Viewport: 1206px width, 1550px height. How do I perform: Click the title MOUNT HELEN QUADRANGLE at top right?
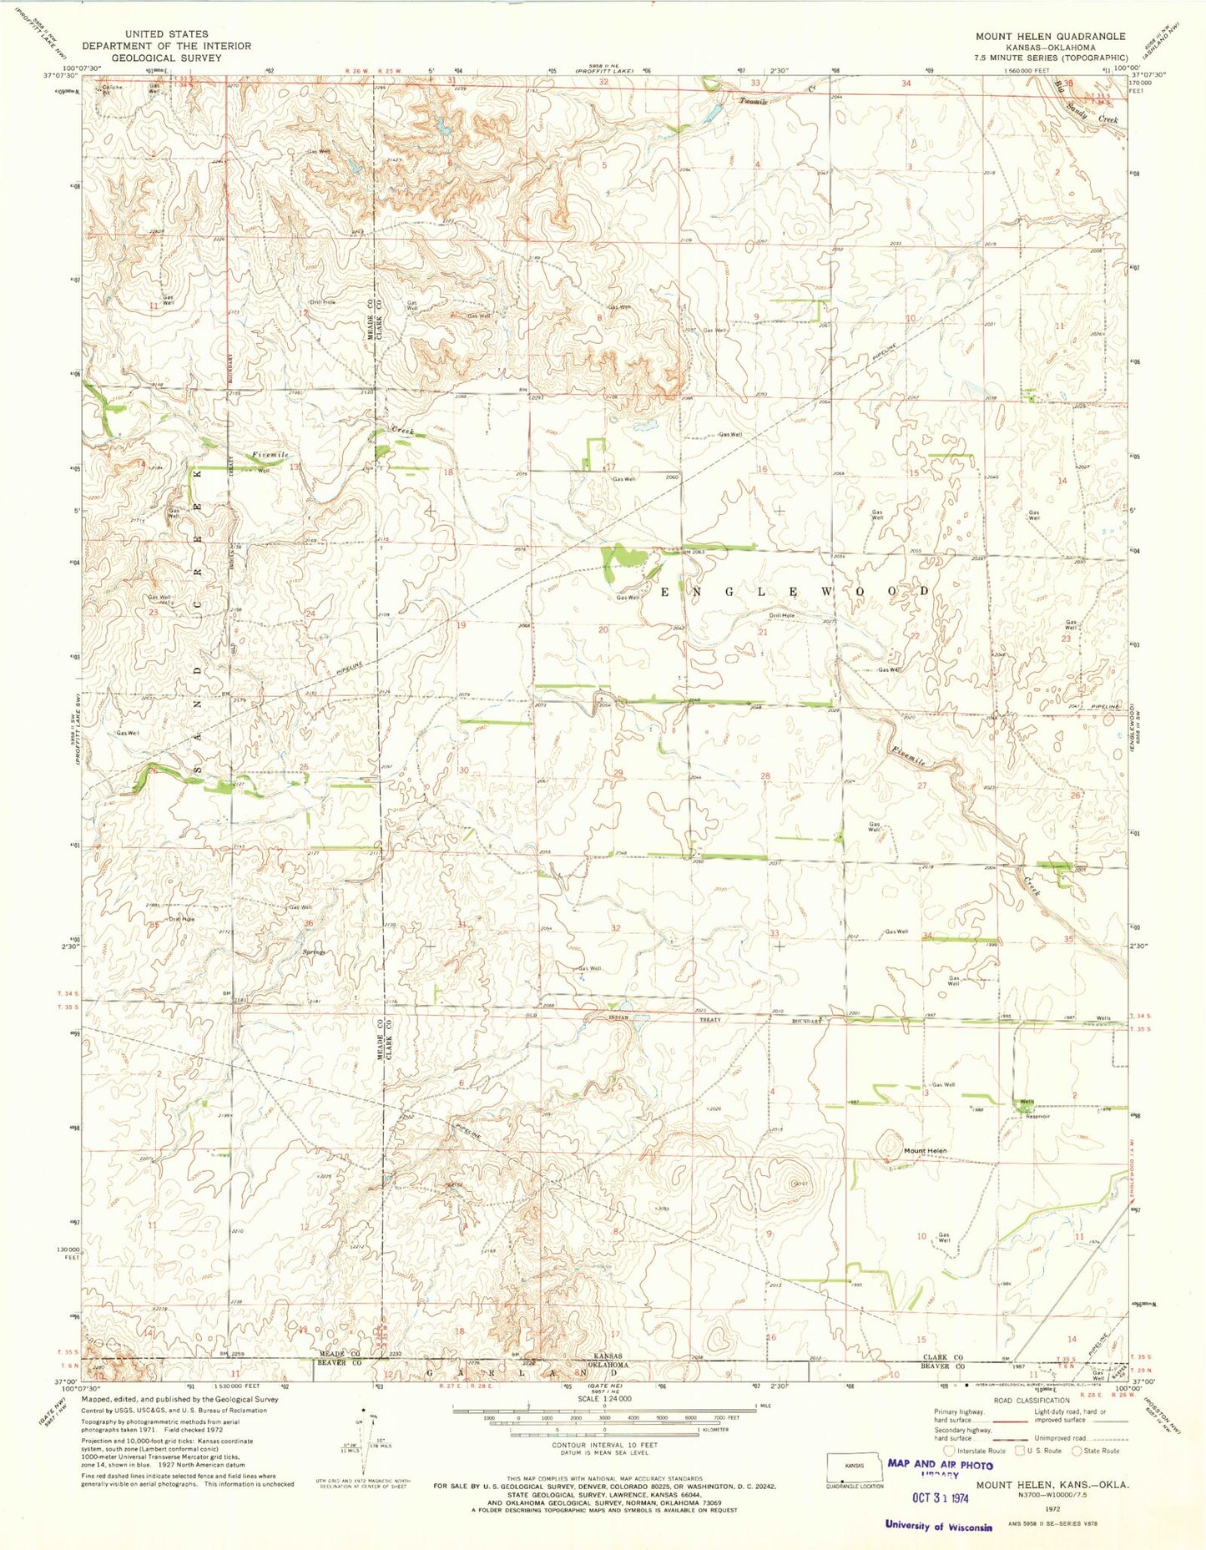(x=1051, y=37)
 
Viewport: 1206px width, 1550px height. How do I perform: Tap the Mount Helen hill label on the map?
(x=926, y=1151)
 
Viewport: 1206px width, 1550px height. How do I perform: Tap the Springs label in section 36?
(x=314, y=952)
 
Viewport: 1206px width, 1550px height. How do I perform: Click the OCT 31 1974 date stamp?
(x=938, y=1497)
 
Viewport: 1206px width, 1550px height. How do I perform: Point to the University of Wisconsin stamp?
(x=938, y=1526)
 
